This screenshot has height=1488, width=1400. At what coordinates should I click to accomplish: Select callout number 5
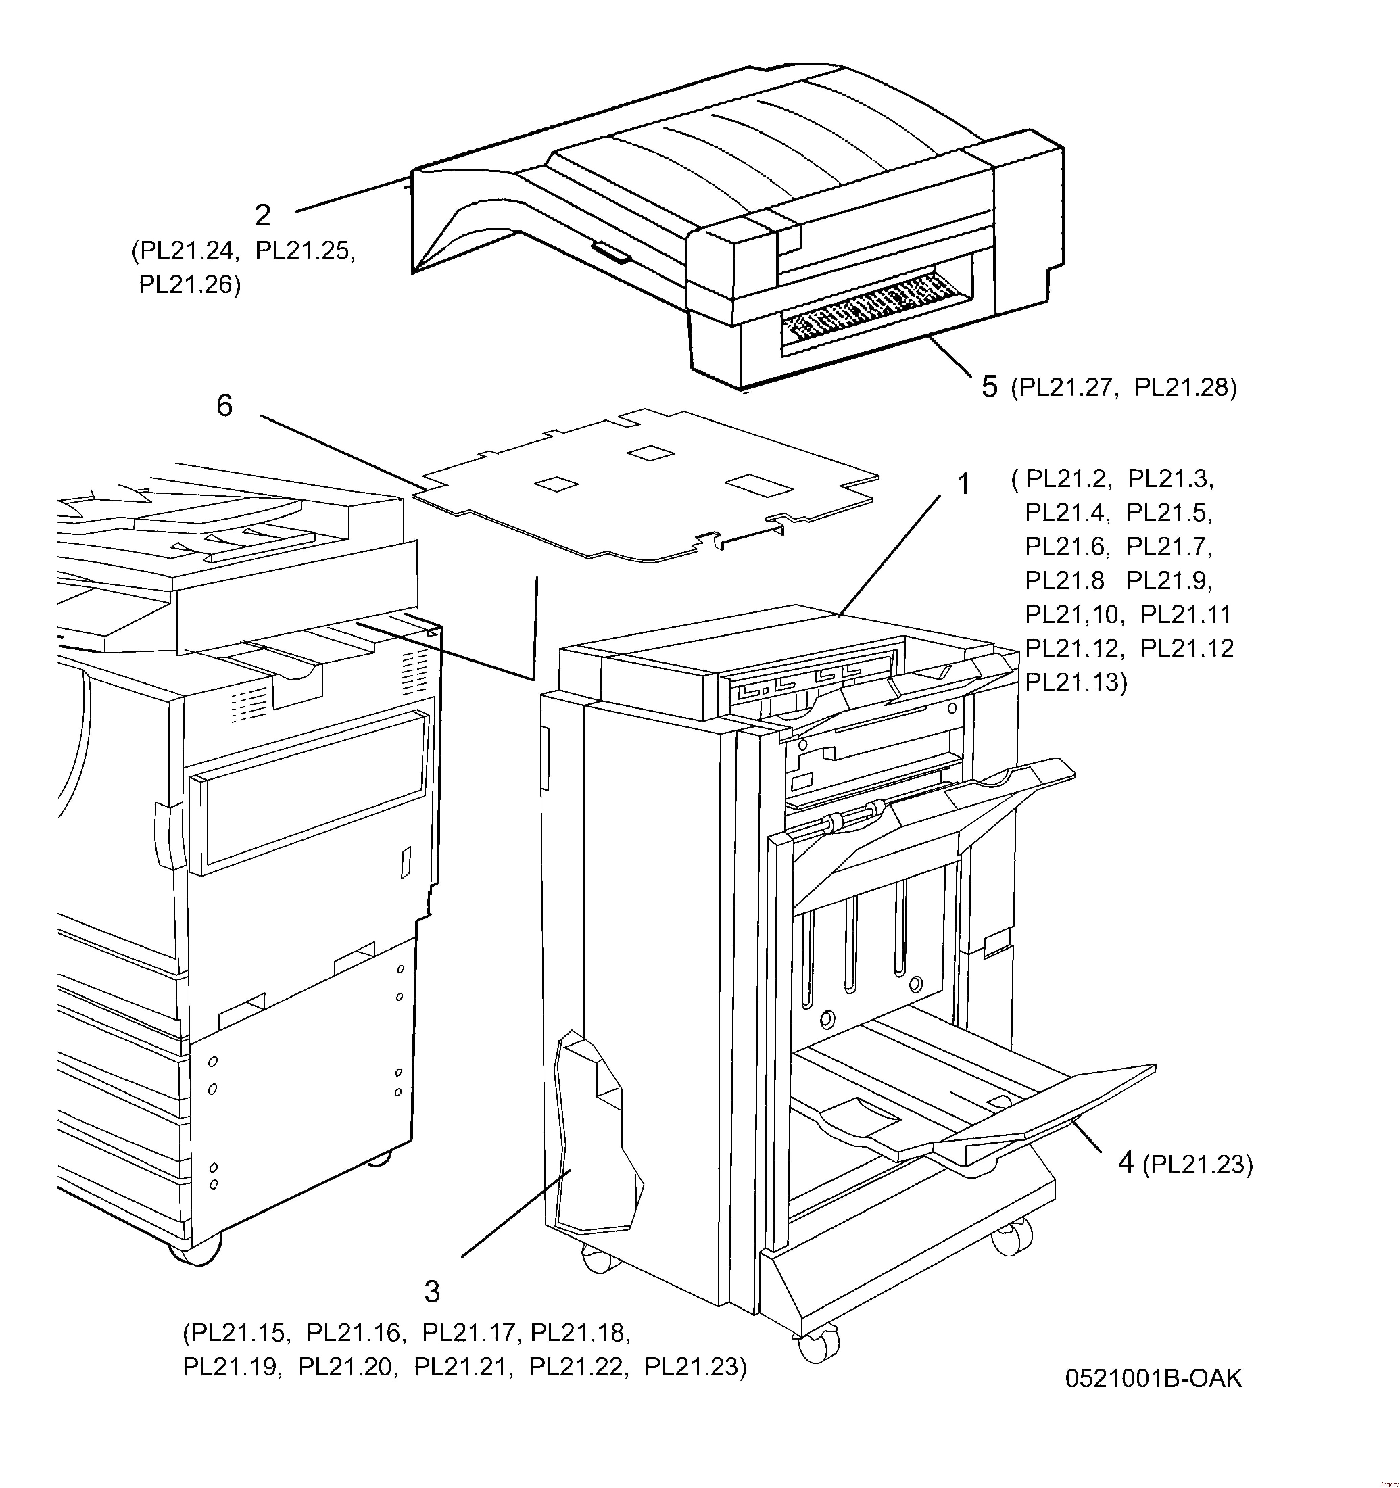pyautogui.click(x=989, y=387)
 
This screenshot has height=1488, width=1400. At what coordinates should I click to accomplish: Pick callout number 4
pyautogui.click(x=1126, y=1162)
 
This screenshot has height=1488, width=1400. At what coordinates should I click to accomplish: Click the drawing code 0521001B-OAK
pyautogui.click(x=1153, y=1378)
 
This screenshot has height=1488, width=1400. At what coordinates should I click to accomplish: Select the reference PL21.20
pyautogui.click(x=345, y=1367)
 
